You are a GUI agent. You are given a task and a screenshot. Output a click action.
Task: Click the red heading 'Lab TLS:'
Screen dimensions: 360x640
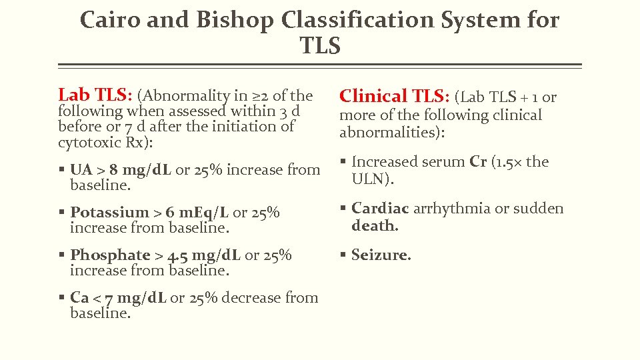click(x=95, y=95)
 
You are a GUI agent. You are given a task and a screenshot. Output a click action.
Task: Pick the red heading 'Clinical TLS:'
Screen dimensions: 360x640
click(x=394, y=97)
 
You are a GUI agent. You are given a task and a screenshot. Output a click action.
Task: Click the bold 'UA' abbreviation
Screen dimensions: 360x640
click(x=81, y=170)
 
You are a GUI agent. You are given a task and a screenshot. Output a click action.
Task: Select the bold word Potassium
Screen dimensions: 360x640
click(x=110, y=213)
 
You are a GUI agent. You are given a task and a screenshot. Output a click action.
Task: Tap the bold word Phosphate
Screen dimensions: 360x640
click(x=110, y=255)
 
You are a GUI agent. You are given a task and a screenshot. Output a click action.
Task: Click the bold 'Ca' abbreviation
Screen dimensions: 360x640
click(x=80, y=298)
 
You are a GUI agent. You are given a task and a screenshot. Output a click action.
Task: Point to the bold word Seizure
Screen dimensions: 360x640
click(x=381, y=255)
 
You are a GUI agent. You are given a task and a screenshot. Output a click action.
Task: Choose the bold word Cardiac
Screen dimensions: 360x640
click(x=380, y=209)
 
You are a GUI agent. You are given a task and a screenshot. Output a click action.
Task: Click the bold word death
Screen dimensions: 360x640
click(x=375, y=225)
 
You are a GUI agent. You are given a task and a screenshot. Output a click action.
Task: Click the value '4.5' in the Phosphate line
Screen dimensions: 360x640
click(x=177, y=256)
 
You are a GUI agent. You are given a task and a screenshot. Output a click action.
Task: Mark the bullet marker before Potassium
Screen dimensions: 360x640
click(x=61, y=213)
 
